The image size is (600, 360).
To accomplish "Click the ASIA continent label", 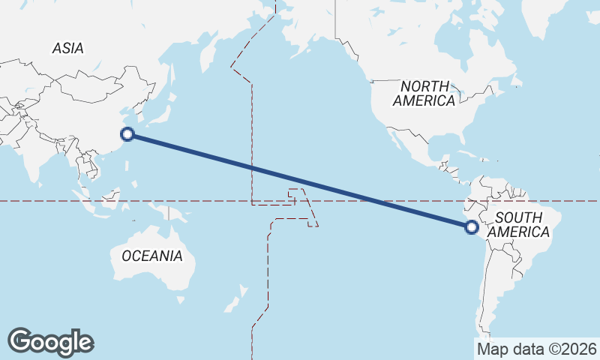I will pyautogui.click(x=67, y=49).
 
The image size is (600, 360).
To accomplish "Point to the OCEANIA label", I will pyautogui.click(x=151, y=256).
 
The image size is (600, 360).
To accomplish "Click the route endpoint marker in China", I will pyautogui.click(x=127, y=134).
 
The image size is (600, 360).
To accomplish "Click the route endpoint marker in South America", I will pyautogui.click(x=472, y=226).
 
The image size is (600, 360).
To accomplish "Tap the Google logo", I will pyautogui.click(x=50, y=342).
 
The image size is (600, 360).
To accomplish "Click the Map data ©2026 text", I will pyautogui.click(x=536, y=349).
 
